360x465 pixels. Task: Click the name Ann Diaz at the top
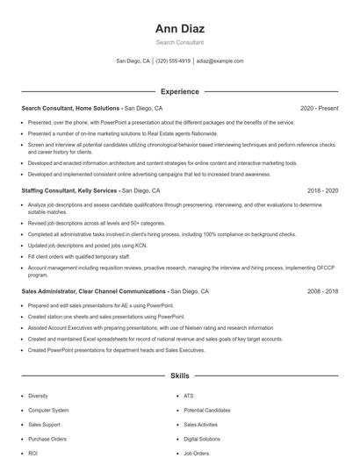[x=179, y=27]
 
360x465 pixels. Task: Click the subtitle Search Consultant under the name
[x=179, y=42]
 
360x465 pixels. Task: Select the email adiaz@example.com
[x=220, y=61]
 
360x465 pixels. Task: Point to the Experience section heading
[x=179, y=91]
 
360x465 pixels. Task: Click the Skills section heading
[x=179, y=376]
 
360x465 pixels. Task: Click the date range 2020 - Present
[x=319, y=108]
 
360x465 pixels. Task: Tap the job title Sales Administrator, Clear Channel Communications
[x=94, y=290]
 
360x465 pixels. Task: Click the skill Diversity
[x=38, y=396]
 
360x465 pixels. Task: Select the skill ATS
[x=190, y=396]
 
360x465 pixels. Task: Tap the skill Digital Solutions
[x=202, y=439]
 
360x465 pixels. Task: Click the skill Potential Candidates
[x=207, y=410]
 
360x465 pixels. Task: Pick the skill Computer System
[x=48, y=410]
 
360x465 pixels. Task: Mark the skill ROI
[x=33, y=453]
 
